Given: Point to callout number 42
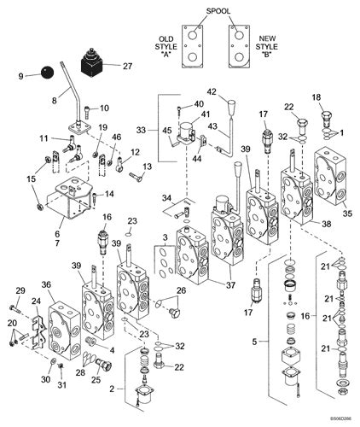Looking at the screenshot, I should [x=212, y=91].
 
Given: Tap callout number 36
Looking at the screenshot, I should [x=47, y=285].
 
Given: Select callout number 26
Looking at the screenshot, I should [x=180, y=291].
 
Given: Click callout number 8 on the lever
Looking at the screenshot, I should [x=53, y=99].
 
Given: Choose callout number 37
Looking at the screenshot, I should [x=229, y=284].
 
